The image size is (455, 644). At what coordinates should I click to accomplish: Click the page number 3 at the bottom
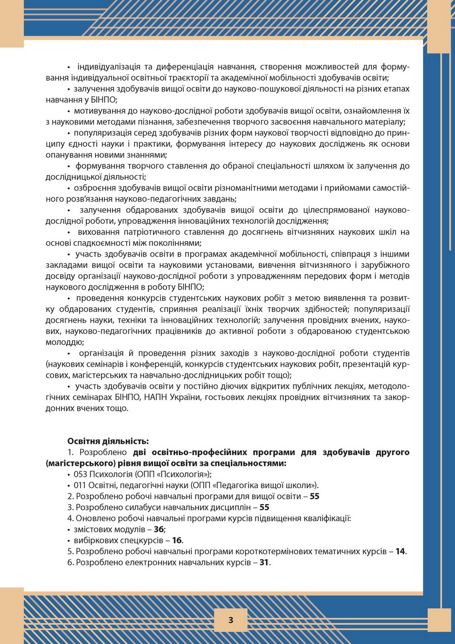[230, 620]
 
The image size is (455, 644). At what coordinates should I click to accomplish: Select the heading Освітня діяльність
[108, 441]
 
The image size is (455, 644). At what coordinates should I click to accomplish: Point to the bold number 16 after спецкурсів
[177, 540]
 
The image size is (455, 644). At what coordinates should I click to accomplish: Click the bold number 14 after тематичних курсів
[401, 551]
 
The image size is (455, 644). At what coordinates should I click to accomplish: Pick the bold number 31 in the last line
[264, 562]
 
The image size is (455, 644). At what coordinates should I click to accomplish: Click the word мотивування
[97, 111]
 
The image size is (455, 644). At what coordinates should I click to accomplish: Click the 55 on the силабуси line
[264, 507]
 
